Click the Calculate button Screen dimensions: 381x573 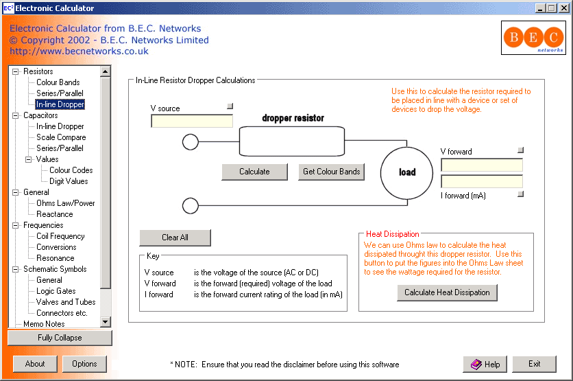click(254, 172)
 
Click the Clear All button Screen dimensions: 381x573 click(175, 238)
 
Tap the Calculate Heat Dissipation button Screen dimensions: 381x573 click(447, 292)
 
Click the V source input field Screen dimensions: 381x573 click(192, 122)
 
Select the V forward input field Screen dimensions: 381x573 click(481, 165)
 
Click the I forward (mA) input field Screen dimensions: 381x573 click(481, 181)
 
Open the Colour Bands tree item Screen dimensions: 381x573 click(58, 82)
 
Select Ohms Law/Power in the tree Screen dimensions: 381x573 click(66, 203)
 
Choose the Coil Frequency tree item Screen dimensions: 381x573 click(60, 236)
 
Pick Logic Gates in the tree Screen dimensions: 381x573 click(56, 291)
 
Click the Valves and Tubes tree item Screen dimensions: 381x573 click(66, 302)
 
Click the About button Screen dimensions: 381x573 click(35, 364)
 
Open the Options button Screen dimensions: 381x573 click(84, 364)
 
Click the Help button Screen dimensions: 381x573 click(485, 364)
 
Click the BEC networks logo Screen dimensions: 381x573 click(533, 37)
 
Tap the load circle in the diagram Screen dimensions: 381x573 click(407, 172)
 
